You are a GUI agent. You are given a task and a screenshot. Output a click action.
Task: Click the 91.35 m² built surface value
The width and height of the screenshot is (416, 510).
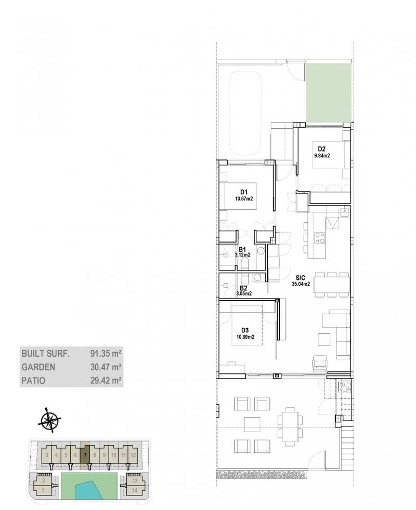(x=106, y=353)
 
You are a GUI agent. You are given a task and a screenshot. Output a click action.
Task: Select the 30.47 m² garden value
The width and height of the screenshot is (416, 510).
(x=106, y=367)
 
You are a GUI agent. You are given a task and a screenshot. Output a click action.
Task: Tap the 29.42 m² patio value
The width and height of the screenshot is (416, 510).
(x=106, y=380)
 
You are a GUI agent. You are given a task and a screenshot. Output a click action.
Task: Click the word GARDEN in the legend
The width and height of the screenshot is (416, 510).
(x=38, y=367)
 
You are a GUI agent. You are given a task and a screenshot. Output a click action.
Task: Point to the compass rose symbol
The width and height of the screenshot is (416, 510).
(x=49, y=420)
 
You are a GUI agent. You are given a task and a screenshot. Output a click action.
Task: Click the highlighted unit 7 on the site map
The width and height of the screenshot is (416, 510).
(x=85, y=455)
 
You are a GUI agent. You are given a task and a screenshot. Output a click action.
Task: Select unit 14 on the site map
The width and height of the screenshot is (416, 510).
(x=135, y=490)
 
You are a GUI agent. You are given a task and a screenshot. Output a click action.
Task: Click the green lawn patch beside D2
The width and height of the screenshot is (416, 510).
(x=328, y=93)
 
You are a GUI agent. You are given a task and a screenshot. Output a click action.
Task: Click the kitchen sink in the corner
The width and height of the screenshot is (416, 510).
(x=345, y=212)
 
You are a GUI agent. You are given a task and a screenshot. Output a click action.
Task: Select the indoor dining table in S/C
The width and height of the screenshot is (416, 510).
(x=332, y=285)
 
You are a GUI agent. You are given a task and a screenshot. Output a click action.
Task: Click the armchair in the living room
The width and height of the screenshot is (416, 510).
(x=319, y=364)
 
